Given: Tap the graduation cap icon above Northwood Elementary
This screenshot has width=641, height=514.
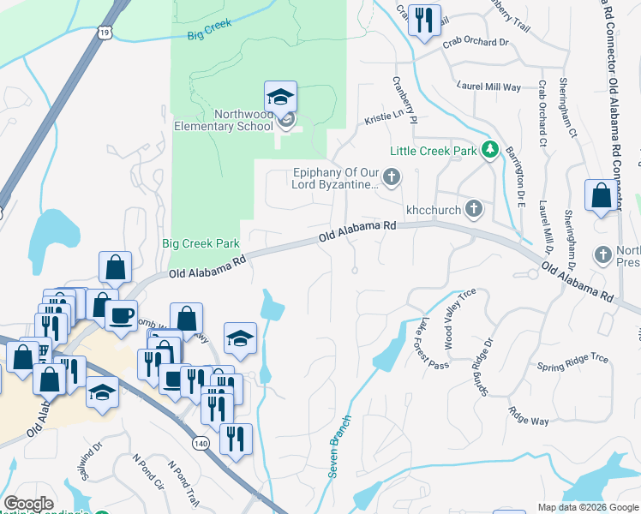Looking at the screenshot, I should point(280,98).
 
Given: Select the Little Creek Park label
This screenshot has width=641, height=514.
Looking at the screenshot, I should point(433,151).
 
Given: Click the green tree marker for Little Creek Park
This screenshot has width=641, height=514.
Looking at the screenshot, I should point(489,151).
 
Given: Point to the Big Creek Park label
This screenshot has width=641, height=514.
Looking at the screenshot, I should point(201,243).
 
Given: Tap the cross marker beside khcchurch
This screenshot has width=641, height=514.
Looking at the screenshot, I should point(473,208).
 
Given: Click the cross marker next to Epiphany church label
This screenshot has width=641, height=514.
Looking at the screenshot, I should point(392,178).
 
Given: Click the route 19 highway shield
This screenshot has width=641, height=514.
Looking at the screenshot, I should point(104,32).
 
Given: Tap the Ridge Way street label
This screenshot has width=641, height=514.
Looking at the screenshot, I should point(528,416).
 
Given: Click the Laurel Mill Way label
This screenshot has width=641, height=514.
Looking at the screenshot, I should point(489,87).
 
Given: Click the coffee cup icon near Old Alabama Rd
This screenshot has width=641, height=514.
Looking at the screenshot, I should point(121,315).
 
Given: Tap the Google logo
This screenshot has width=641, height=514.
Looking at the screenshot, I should point(28,504).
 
